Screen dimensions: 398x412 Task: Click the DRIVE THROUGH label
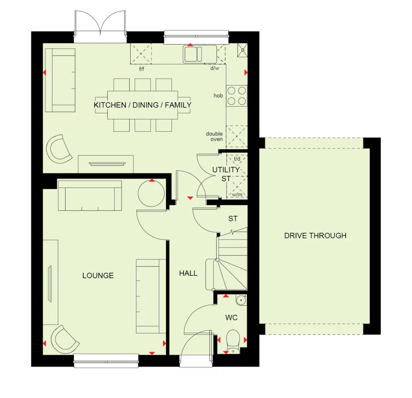point(315,235)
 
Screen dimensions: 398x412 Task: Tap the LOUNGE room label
point(98,275)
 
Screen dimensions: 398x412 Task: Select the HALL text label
point(188,273)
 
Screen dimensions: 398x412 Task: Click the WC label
point(231,318)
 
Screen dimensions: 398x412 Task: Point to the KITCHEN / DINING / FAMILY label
point(143,105)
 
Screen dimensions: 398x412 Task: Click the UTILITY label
point(225,170)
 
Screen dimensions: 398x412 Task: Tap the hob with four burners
point(236,95)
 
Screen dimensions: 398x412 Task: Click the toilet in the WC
point(234,340)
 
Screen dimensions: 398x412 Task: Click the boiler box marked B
point(242,50)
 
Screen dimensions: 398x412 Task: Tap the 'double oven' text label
point(214,136)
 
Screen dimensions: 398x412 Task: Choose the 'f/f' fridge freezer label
point(142,69)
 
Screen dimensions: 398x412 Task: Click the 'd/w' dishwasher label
point(214,68)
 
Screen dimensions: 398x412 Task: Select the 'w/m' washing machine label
point(236,195)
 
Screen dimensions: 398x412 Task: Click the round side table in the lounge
point(151,193)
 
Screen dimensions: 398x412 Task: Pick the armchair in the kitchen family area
point(59,148)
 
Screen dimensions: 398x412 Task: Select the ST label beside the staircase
point(233,219)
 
